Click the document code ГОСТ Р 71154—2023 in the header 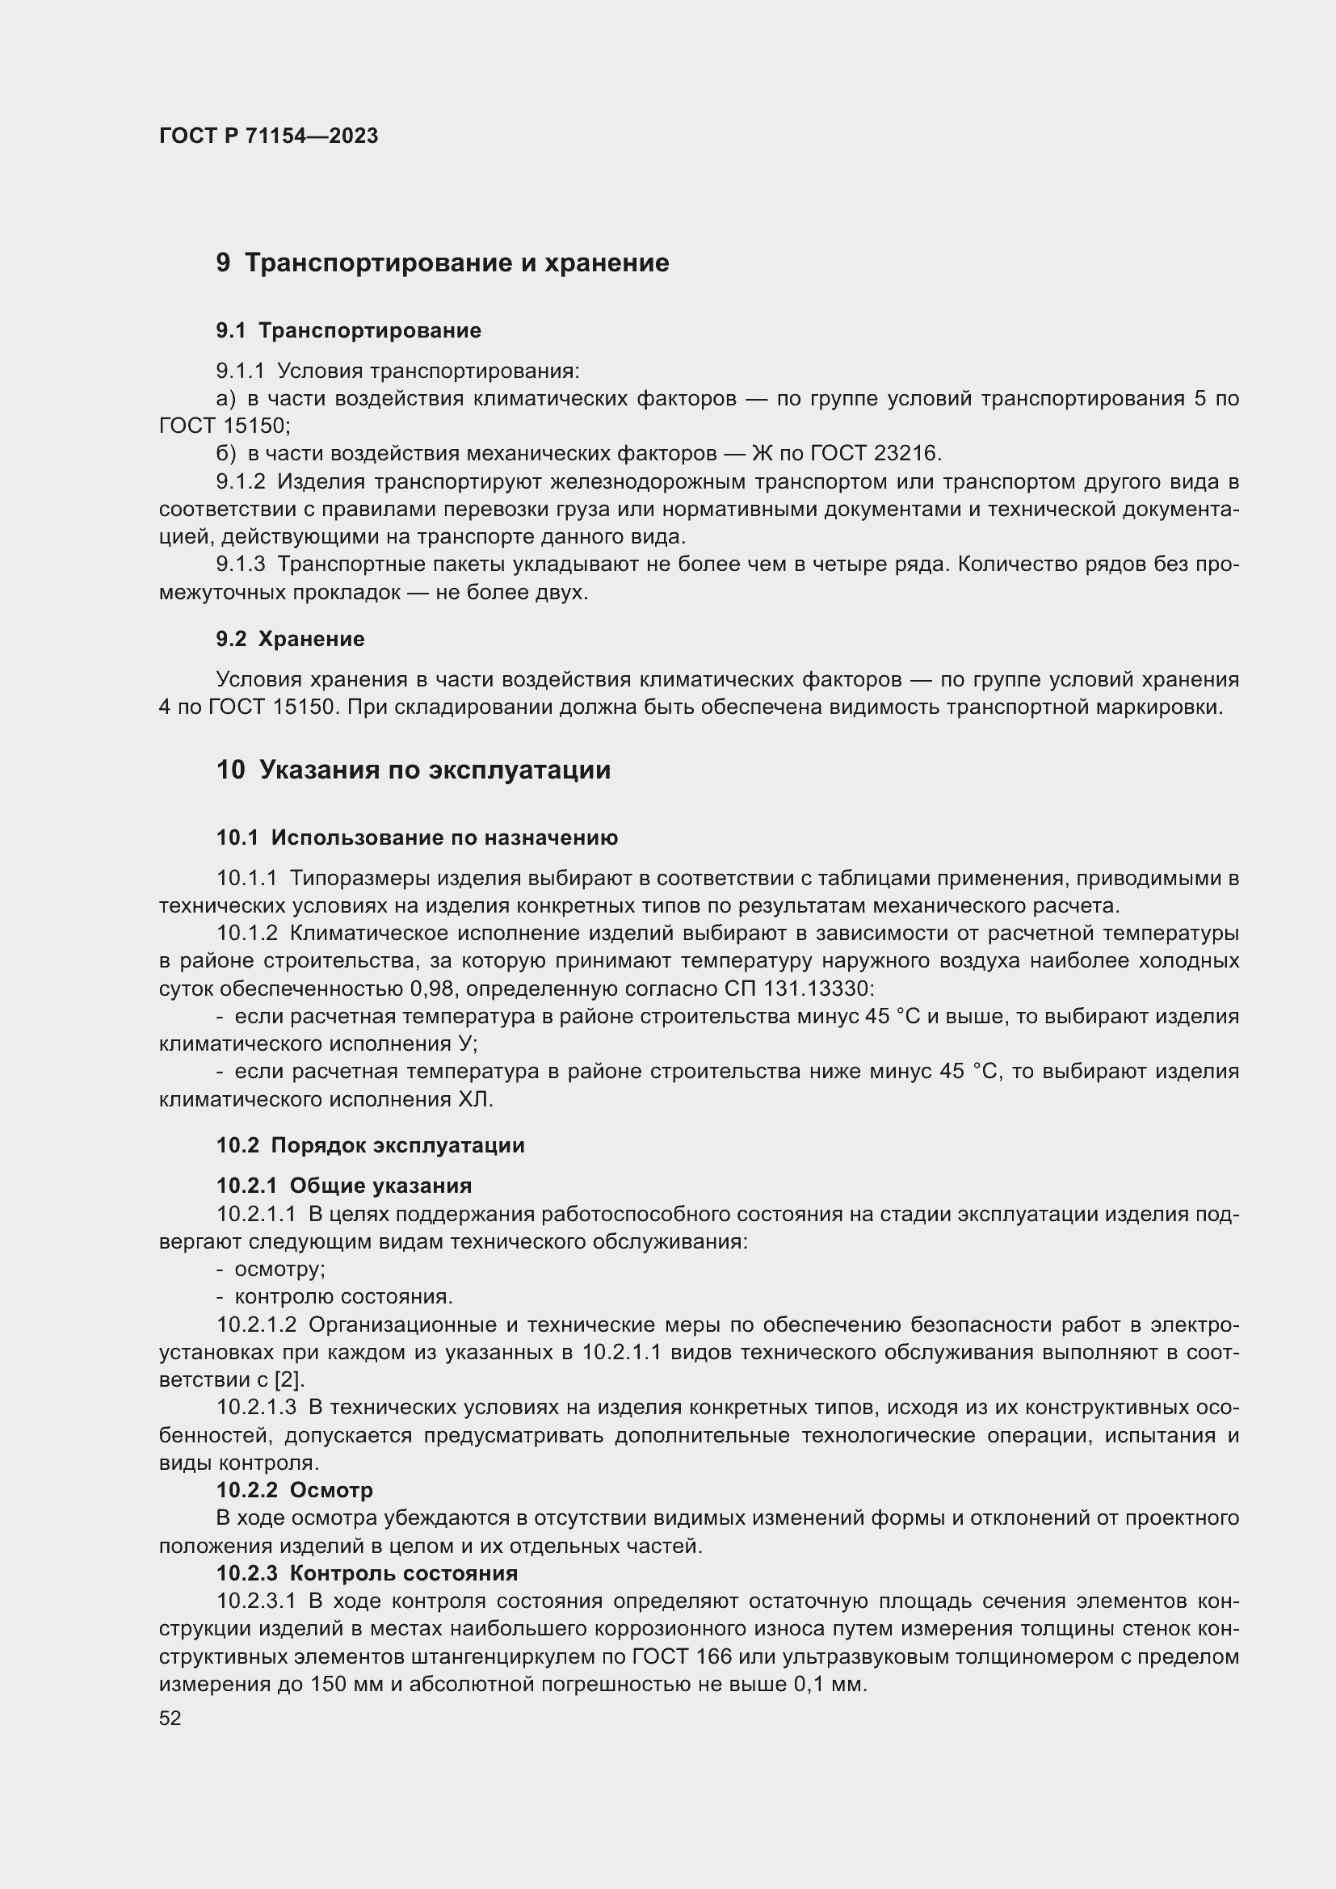[268, 136]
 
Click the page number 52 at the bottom [170, 1718]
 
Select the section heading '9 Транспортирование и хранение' [443, 263]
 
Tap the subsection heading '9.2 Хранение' [291, 640]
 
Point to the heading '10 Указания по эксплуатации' [413, 770]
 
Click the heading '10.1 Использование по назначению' [417, 837]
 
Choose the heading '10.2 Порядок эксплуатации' [370, 1145]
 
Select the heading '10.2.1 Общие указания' [344, 1186]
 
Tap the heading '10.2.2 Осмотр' [295, 1490]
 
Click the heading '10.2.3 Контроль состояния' [367, 1573]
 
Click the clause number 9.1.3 [240, 565]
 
